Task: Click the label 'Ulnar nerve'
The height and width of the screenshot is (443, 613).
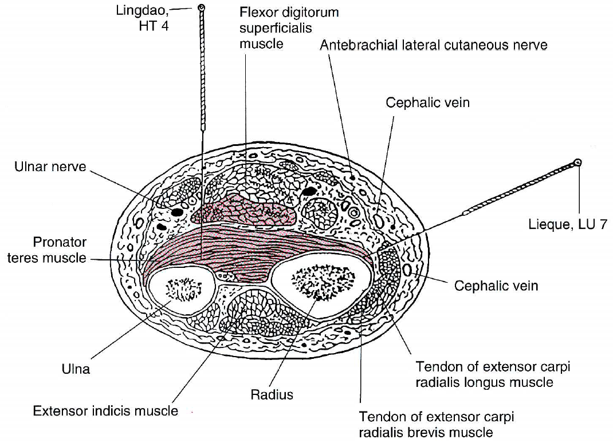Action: tap(50, 167)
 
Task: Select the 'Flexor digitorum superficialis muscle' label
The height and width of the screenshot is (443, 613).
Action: tap(281, 27)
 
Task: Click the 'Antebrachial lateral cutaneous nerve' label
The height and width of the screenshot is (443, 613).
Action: tap(434, 45)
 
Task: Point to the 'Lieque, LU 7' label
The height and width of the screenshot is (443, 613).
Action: tap(567, 224)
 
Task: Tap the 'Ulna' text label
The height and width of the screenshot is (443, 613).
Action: tap(76, 369)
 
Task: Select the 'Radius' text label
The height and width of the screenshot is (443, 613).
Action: tap(272, 394)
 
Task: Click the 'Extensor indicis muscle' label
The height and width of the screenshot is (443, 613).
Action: tap(105, 411)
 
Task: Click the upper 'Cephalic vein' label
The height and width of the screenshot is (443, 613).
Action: tap(427, 102)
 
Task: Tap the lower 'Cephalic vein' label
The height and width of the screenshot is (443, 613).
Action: tap(496, 285)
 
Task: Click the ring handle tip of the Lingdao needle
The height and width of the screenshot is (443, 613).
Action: tap(202, 8)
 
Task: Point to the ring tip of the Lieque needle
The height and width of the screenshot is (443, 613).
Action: tap(578, 163)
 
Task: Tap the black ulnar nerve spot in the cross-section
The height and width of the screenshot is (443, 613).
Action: tap(177, 212)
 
